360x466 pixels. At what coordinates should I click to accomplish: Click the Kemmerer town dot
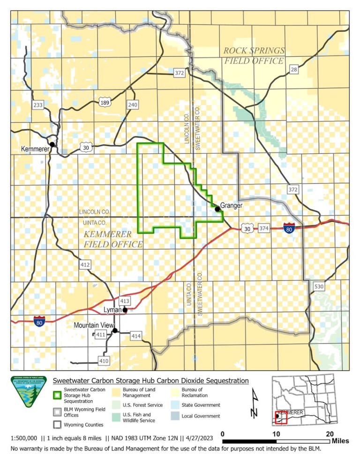(x=52, y=144)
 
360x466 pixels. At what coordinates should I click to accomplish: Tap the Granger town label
(x=231, y=205)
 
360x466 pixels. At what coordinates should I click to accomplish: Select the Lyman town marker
(x=125, y=310)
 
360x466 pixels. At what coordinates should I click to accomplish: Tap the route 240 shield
(x=133, y=105)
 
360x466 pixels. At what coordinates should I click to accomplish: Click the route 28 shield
(x=294, y=70)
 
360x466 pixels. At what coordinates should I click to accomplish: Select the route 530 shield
(x=319, y=286)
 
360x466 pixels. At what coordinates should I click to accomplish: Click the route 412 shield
(x=85, y=265)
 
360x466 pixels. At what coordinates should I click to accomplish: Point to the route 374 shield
(x=264, y=228)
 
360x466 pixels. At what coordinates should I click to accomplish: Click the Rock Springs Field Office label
(x=254, y=55)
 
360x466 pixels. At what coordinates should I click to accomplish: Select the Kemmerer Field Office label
(x=113, y=239)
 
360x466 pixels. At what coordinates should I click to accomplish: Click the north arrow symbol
(x=254, y=403)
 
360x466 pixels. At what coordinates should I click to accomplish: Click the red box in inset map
(x=281, y=417)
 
